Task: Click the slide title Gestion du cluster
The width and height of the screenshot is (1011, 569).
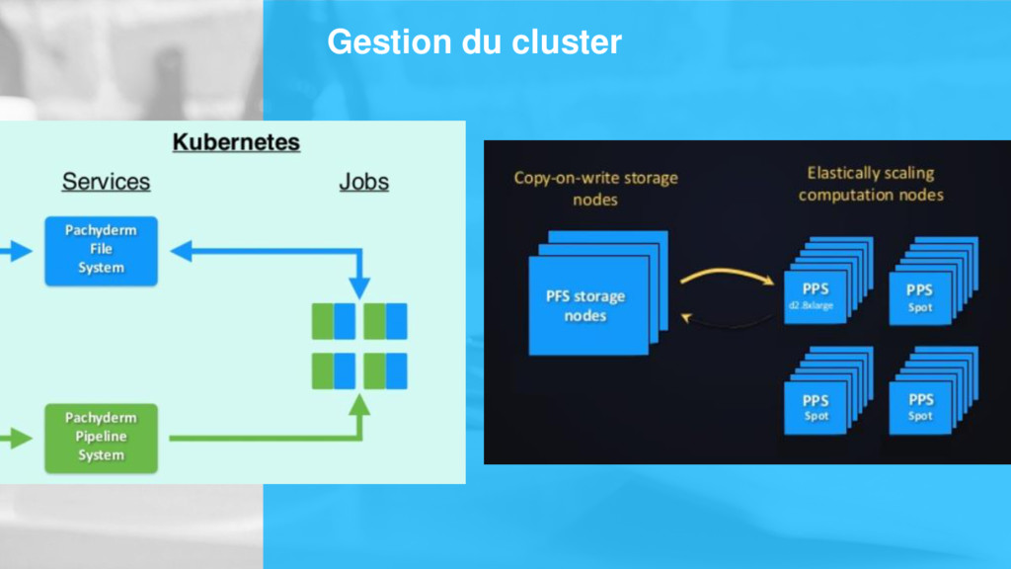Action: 474,42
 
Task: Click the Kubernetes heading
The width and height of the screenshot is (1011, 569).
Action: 236,142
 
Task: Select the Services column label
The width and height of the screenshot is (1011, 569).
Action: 106,182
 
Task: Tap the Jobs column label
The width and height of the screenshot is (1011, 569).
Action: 363,182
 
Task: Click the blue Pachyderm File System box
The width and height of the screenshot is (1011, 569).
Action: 101,251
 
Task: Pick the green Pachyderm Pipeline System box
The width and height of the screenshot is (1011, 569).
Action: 101,437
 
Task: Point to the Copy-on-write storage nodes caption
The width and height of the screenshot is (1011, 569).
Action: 595,189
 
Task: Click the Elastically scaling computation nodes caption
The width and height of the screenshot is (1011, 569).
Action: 870,184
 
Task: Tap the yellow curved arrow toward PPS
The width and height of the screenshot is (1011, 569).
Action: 727,276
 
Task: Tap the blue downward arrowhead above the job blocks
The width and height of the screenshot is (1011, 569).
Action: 359,290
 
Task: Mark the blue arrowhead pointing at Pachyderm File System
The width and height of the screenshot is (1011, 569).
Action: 182,252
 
